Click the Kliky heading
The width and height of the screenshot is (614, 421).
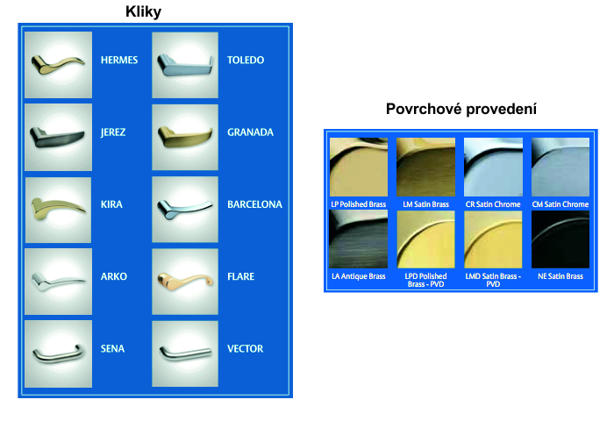pos(143,11)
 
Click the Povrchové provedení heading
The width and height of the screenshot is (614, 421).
pos(460,109)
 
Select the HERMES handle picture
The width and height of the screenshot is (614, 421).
pos(59,65)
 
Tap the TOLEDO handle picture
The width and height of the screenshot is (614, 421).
pos(185,65)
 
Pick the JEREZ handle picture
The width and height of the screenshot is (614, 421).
pos(59,137)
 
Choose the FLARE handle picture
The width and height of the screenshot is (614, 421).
pos(185,282)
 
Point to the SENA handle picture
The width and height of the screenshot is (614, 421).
pos(59,353)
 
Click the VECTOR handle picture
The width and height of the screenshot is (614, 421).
pos(185,353)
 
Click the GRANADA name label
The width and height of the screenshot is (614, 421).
pos(250,132)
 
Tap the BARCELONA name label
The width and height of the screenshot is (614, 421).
pos(254,204)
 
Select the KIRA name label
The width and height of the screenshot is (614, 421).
pos(111,204)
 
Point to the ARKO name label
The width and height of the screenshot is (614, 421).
pos(113,276)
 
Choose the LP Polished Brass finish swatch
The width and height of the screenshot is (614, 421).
pos(359,167)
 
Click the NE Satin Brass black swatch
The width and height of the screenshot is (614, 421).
pos(560,239)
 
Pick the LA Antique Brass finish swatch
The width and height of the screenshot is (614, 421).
pos(358,239)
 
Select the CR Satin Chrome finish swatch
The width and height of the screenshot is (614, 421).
pos(493,167)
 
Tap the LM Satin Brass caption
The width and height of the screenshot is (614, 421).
pos(425,204)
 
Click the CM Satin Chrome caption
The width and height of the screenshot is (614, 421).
pos(560,204)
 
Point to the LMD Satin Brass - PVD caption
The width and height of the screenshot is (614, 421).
pos(493,280)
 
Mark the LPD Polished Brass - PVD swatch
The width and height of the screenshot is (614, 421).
pos(425,239)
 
